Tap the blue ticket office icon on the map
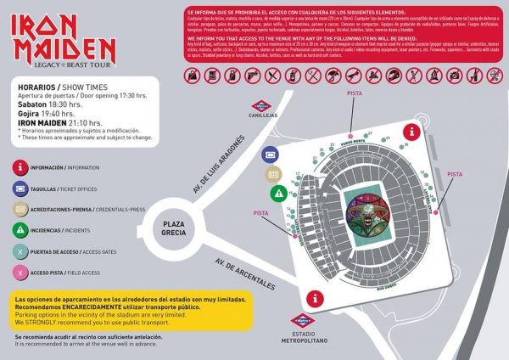click(x=271, y=154)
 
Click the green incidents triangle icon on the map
click(x=277, y=192)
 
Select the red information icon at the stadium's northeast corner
click(x=411, y=132)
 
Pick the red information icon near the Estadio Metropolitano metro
click(x=316, y=298)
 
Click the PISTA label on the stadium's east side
click(x=455, y=173)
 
